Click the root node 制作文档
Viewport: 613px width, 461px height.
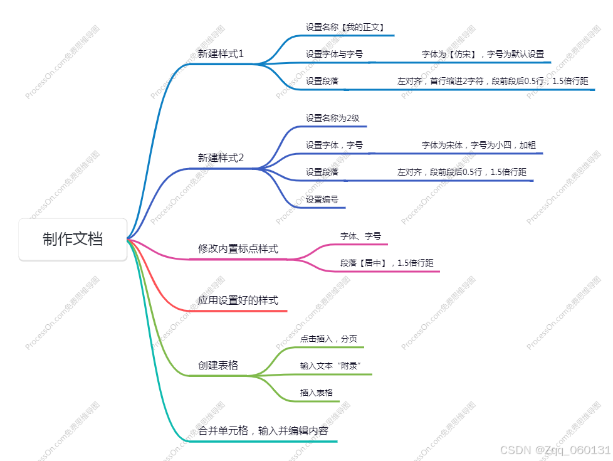73,239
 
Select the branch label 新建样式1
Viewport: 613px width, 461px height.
221,54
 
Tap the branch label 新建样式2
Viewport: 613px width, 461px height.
221,158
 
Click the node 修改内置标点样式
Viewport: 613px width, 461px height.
238,249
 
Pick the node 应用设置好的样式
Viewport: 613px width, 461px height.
238,301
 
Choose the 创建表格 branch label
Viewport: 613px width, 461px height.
218,365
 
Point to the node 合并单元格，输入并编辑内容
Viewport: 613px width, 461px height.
263,431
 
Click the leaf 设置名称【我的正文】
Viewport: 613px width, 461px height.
345,28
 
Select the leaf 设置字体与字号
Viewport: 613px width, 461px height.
334,55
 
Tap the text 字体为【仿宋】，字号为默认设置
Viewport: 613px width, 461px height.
483,55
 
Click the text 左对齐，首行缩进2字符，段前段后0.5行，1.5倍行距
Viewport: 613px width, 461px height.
493,82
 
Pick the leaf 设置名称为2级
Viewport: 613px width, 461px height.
332,118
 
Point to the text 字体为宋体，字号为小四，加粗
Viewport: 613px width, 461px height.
479,145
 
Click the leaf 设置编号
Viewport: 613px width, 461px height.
322,199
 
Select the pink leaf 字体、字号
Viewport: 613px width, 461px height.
360,236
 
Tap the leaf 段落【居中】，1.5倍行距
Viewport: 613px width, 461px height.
387,263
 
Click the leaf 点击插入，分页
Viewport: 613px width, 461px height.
329,339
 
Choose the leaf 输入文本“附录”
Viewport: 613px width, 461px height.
332,366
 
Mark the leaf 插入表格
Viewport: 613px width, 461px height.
317,393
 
